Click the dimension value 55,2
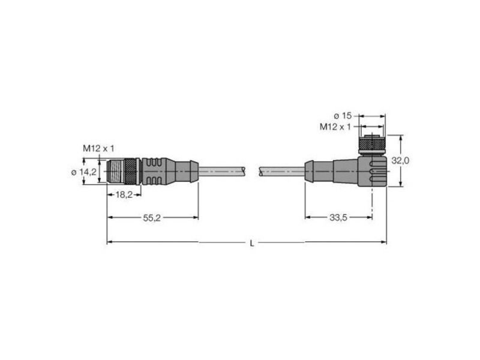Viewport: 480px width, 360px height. (152, 218)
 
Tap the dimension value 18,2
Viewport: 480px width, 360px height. (124, 194)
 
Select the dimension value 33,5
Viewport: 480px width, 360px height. (338, 218)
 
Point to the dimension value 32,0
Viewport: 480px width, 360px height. (400, 161)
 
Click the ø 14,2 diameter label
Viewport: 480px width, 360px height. (83, 172)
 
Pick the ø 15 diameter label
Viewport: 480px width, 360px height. (343, 116)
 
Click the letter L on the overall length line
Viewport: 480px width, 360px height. (252, 244)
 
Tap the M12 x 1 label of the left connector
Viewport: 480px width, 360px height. (98, 149)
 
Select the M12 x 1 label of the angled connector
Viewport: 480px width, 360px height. (335, 127)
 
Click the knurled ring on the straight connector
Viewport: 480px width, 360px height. (131, 172)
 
